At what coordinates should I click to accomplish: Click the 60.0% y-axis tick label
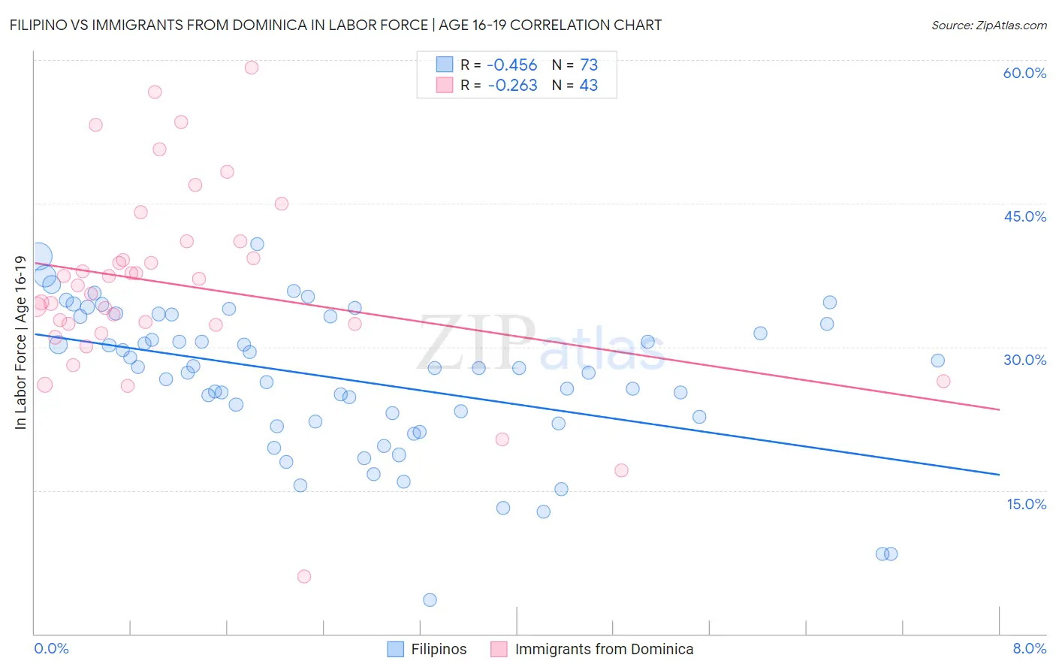[1024, 73]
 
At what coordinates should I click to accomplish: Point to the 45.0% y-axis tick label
[1024, 216]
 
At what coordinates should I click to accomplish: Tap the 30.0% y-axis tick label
[1024, 360]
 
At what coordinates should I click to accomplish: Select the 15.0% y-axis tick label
[1026, 504]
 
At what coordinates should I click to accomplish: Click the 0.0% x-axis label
[51, 649]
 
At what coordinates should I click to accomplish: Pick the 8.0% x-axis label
[1029, 649]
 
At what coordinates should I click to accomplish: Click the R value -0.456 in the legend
[512, 65]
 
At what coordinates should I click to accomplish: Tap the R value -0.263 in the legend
[512, 86]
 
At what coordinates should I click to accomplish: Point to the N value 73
[589, 65]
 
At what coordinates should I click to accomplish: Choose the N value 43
[589, 86]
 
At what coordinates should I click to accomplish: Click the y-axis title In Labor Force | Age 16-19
[20, 343]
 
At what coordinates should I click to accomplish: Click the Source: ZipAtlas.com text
[988, 26]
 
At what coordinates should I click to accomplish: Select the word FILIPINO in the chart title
[42, 25]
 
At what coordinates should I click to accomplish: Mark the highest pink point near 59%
[252, 68]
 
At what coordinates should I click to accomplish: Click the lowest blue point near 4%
[430, 599]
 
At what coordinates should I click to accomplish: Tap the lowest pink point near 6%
[304, 576]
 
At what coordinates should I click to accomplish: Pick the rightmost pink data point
[943, 381]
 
